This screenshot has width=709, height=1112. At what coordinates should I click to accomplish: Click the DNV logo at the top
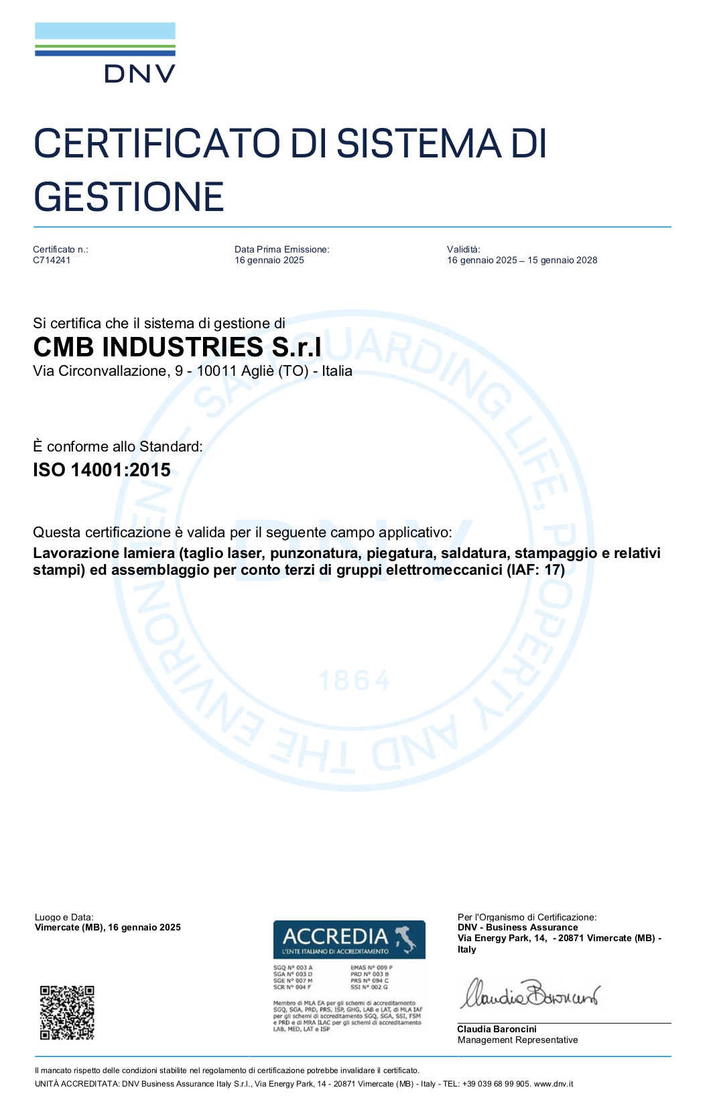(x=105, y=53)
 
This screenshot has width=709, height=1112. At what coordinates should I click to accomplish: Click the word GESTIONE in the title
(x=129, y=197)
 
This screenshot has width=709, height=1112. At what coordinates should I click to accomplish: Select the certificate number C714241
(x=52, y=261)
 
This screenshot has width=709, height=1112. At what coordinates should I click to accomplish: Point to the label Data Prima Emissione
(x=281, y=249)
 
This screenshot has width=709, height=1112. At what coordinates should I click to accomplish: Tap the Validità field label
(x=463, y=249)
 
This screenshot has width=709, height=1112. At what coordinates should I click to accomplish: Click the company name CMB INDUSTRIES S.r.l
(x=177, y=347)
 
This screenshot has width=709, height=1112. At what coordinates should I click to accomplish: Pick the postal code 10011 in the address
(x=216, y=371)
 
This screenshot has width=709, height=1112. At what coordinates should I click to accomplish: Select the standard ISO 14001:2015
(x=102, y=470)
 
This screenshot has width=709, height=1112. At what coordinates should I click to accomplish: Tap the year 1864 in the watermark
(x=354, y=681)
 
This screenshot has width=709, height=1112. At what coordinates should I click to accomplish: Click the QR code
(x=67, y=1012)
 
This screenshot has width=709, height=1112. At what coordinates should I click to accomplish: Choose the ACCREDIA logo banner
(x=349, y=939)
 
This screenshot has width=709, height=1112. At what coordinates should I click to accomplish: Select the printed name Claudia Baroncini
(x=497, y=1029)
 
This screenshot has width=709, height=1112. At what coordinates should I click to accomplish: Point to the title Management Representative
(x=517, y=1040)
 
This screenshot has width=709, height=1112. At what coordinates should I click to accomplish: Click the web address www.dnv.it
(x=553, y=1084)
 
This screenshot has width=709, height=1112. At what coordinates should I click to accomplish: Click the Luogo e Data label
(x=64, y=917)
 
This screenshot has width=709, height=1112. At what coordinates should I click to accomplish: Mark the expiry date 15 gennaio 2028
(x=562, y=261)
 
